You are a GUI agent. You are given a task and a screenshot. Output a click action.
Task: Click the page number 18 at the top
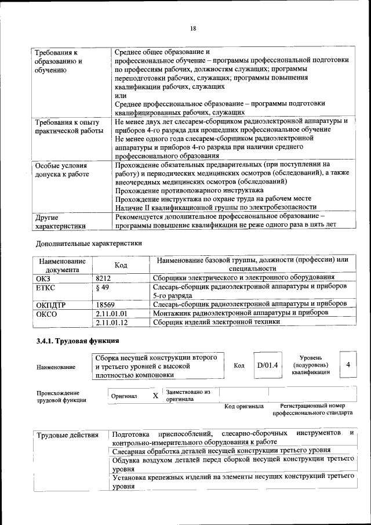(x=193, y=28)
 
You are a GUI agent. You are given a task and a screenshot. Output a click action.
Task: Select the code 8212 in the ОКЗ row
(x=103, y=278)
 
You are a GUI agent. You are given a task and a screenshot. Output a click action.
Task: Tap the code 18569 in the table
(x=105, y=304)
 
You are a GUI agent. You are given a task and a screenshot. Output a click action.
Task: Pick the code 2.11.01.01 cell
(x=111, y=313)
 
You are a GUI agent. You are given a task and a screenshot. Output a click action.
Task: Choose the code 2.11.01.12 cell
(x=111, y=322)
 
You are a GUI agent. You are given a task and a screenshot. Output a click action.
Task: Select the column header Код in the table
(x=121, y=265)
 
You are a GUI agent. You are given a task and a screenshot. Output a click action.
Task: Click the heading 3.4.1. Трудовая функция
(x=78, y=341)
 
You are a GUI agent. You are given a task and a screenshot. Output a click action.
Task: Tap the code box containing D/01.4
(x=268, y=365)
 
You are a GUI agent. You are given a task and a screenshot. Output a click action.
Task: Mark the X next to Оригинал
(x=155, y=396)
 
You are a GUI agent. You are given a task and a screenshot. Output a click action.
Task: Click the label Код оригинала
(x=243, y=406)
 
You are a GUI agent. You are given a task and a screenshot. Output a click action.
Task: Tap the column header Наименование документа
(x=62, y=265)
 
